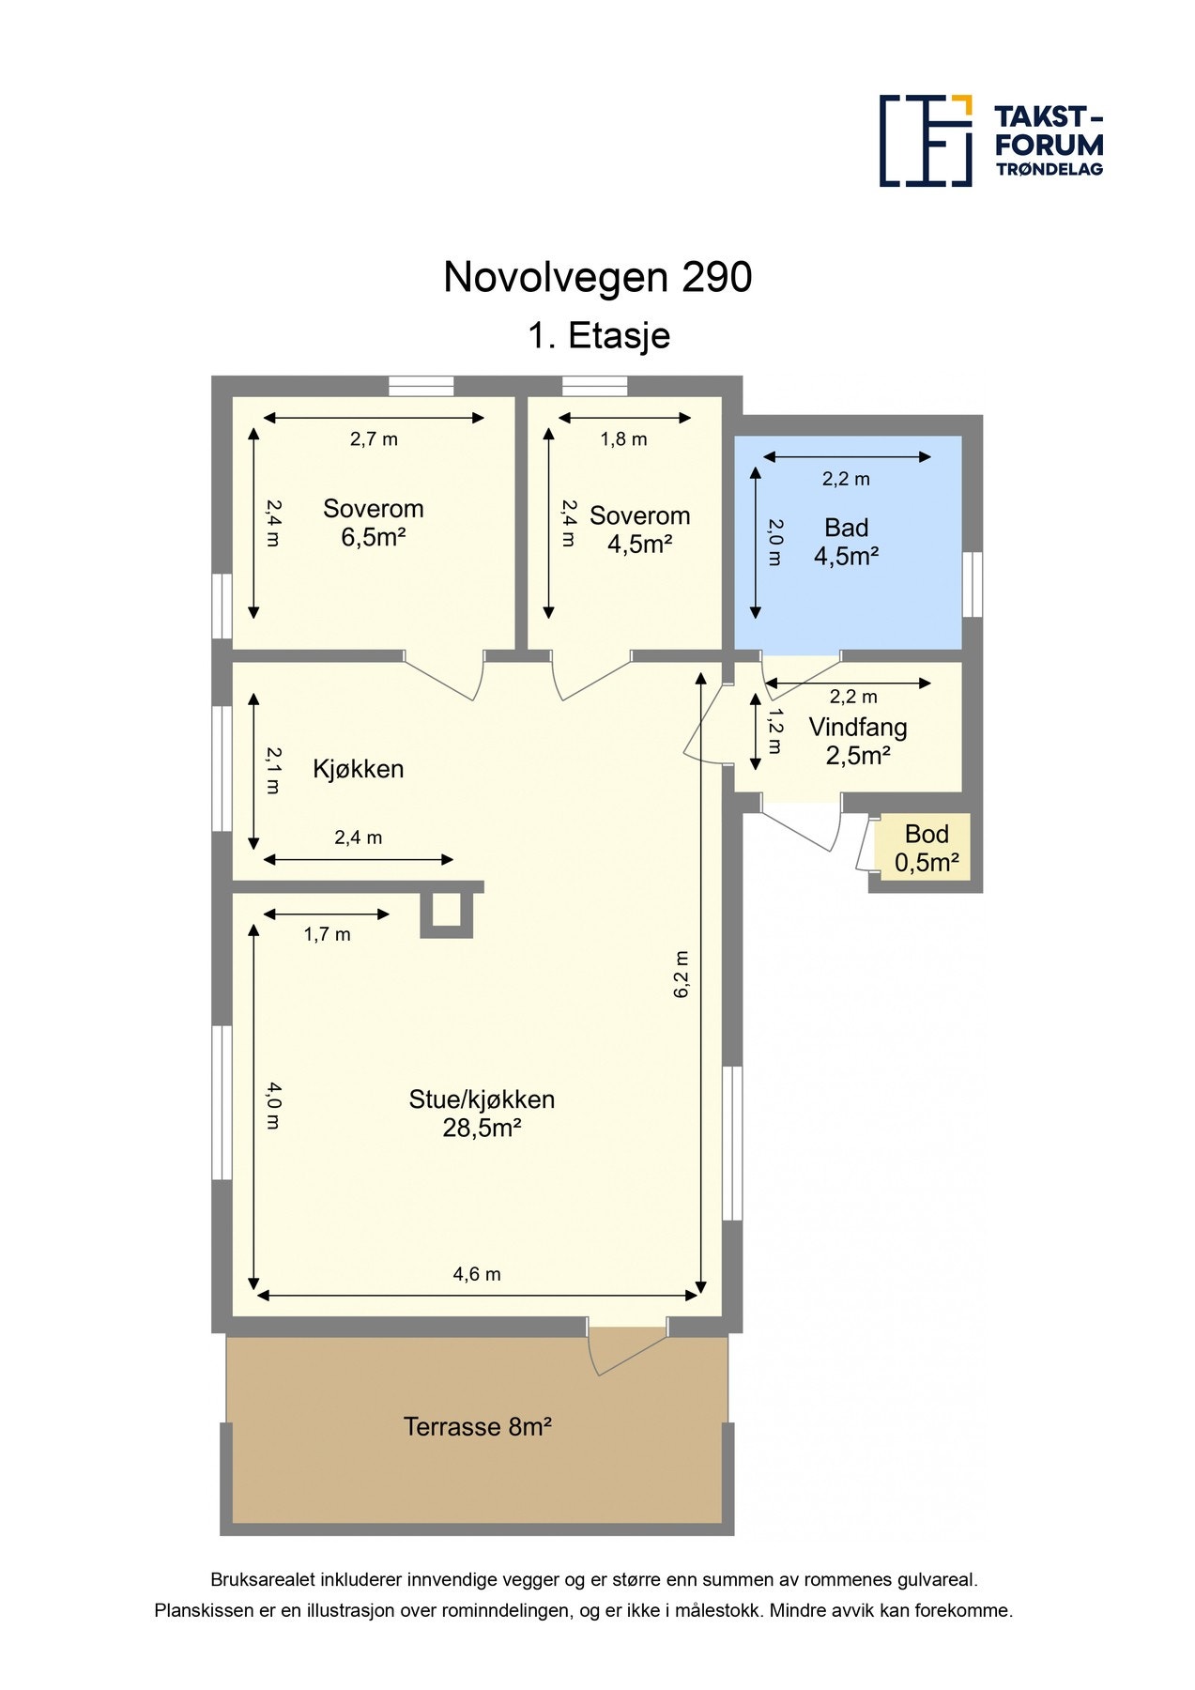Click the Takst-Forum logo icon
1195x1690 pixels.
point(925,141)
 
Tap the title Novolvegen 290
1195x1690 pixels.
point(597,277)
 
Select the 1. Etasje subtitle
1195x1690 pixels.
point(598,335)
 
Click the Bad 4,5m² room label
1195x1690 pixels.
point(846,542)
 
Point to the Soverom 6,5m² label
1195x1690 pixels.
point(373,523)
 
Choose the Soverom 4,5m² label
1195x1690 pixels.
point(639,530)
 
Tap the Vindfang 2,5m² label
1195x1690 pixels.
point(857,741)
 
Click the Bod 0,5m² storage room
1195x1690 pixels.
point(926,848)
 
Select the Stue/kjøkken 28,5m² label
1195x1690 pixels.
point(482,1113)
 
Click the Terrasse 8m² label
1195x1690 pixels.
point(477,1426)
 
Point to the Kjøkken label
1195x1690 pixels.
point(358,769)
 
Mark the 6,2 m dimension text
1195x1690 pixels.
point(682,974)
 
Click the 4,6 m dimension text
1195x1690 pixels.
point(477,1274)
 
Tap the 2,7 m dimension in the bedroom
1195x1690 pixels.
point(374,438)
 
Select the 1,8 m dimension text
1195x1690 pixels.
point(623,438)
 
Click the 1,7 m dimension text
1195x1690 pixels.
point(327,934)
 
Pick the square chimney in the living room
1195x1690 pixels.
point(446,912)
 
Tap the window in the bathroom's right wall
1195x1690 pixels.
point(973,584)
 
